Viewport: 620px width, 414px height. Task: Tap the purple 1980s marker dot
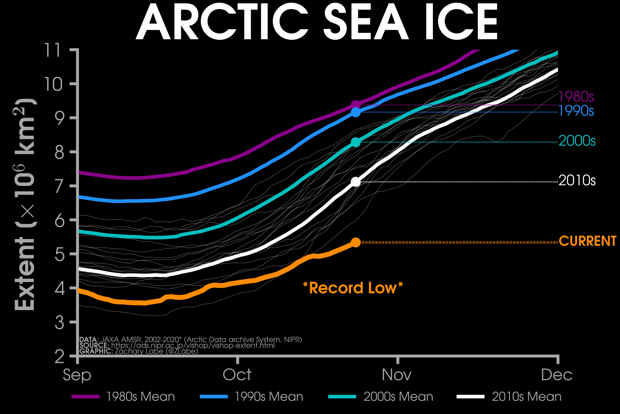pyautogui.click(x=356, y=105)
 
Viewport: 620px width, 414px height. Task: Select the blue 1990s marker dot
pyautogui.click(x=356, y=112)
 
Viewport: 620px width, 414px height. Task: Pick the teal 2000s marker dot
pyautogui.click(x=356, y=142)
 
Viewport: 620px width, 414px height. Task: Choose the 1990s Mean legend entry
pyautogui.click(x=252, y=397)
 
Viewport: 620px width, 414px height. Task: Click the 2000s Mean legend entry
pyautogui.click(x=381, y=397)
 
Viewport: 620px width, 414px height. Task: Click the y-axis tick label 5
pyautogui.click(x=59, y=254)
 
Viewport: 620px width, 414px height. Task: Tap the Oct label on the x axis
pyautogui.click(x=237, y=375)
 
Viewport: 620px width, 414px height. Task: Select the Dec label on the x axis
pyautogui.click(x=557, y=375)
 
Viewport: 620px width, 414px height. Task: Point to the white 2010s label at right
pyautogui.click(x=577, y=181)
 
